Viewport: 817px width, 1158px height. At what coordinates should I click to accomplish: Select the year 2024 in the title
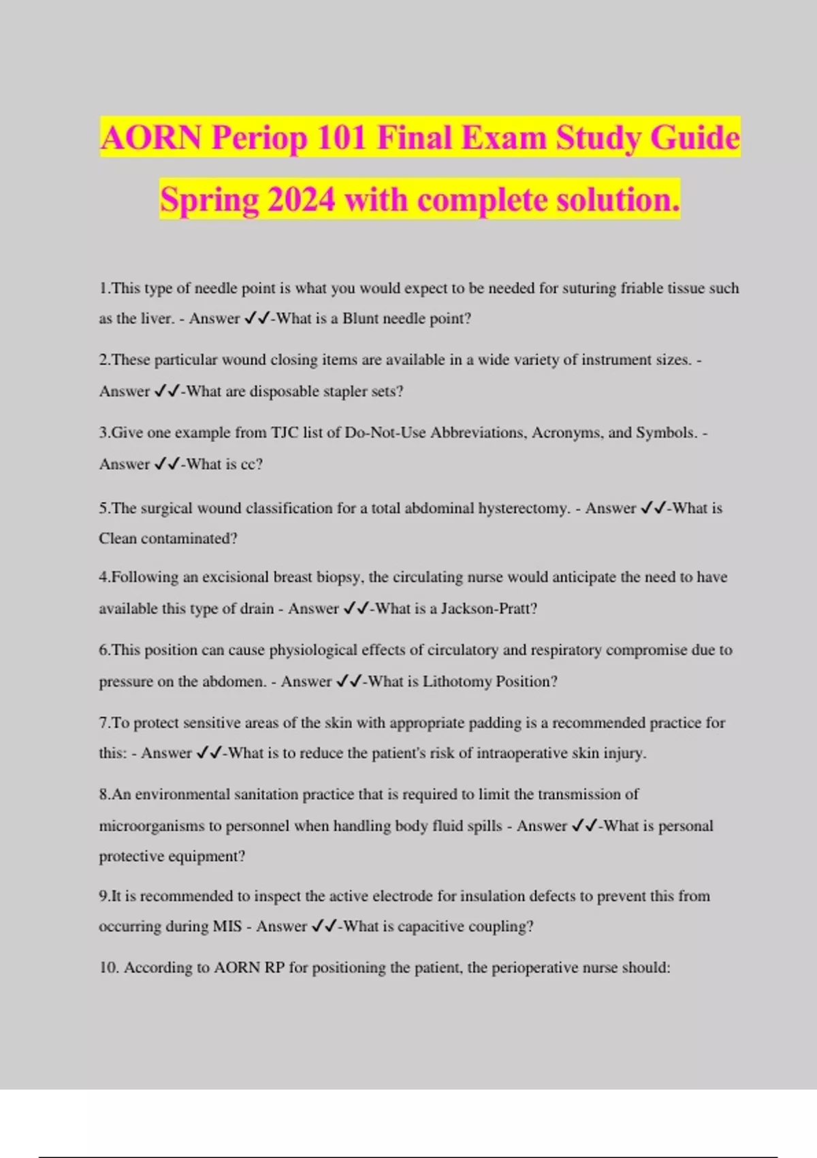[x=302, y=200]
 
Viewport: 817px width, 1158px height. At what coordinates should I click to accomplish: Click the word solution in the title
[x=618, y=200]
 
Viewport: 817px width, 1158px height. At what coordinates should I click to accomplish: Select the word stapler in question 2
[x=347, y=392]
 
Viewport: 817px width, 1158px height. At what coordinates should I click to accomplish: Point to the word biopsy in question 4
[x=340, y=578]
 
